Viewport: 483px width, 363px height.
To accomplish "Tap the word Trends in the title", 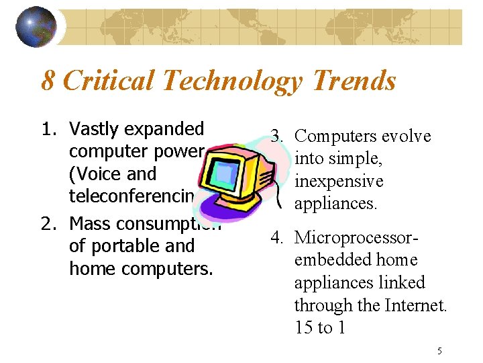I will (354, 81).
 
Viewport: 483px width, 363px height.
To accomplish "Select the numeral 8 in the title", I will (48, 81).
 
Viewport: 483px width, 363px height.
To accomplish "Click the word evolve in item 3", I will (405, 136).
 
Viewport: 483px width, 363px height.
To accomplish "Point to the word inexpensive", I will (339, 182).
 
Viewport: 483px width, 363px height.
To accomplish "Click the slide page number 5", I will (439, 350).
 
